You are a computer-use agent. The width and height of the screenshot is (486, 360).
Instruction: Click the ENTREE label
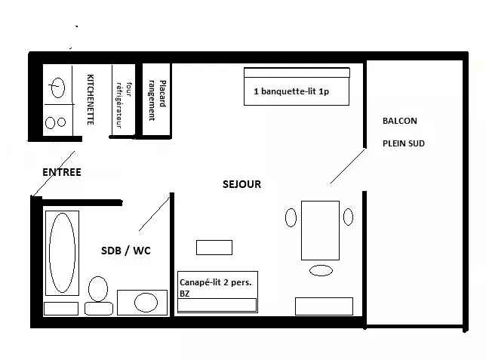(x=62, y=172)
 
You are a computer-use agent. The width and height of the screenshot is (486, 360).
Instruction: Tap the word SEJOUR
(x=241, y=184)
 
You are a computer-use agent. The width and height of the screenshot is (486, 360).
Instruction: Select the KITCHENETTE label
(x=91, y=100)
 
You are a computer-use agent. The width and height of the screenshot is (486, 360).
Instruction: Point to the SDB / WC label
(x=126, y=251)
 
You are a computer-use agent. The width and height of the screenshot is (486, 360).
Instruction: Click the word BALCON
(x=399, y=121)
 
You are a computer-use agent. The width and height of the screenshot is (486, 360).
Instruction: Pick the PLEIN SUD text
(x=403, y=143)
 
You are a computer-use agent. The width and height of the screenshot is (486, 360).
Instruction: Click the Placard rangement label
(x=157, y=100)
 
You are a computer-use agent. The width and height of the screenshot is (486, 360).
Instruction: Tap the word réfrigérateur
(x=119, y=105)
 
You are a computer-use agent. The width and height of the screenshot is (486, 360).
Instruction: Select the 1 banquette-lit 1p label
(x=291, y=91)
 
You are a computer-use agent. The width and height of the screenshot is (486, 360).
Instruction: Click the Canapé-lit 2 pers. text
(x=215, y=282)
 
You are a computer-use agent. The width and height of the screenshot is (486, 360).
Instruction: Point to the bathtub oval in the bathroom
(x=62, y=252)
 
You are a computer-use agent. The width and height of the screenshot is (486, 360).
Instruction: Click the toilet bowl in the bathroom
(x=98, y=289)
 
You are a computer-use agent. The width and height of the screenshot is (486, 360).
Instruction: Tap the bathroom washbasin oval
(x=146, y=303)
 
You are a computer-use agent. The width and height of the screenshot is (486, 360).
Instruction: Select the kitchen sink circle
(x=57, y=88)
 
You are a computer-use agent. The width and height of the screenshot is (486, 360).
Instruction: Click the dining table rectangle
(x=320, y=230)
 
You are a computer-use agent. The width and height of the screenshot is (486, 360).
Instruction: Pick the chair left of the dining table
(x=291, y=217)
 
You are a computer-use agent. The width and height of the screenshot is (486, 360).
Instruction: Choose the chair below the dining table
(x=321, y=270)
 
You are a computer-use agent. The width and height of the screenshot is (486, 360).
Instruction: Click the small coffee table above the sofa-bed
(x=214, y=248)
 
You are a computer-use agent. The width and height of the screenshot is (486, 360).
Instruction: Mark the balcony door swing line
(x=347, y=167)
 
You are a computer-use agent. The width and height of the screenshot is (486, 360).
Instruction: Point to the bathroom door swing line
(x=155, y=214)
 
